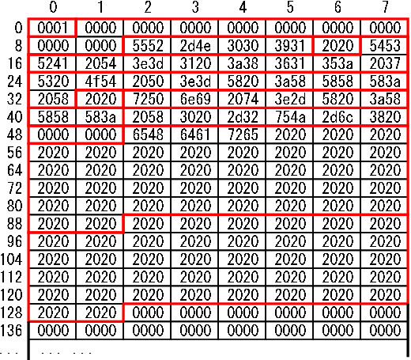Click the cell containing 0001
click(52, 28)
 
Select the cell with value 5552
click(147, 45)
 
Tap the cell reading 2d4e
click(194, 45)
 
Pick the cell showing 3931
click(289, 45)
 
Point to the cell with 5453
click(384, 45)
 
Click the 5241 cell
click(52, 63)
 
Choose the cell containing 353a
click(337, 63)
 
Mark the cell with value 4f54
click(100, 81)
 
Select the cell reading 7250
click(147, 99)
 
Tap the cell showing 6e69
click(194, 99)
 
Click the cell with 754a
click(289, 116)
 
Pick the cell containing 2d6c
click(337, 116)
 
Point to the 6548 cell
click(147, 135)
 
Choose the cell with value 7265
click(242, 135)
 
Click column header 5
click(290, 7)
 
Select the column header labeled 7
click(385, 7)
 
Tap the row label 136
click(11, 330)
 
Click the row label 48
click(14, 135)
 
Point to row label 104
click(11, 259)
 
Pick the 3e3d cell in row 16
click(147, 63)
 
